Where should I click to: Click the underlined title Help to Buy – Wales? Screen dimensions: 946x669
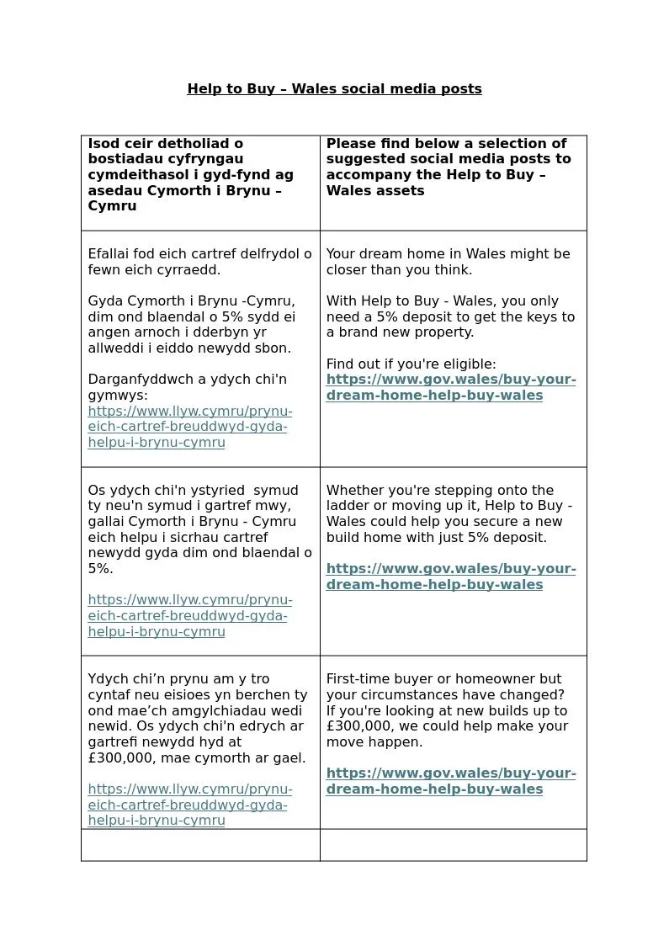334,88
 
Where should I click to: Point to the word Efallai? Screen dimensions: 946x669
111,254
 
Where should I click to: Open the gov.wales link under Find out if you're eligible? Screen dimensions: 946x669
450,387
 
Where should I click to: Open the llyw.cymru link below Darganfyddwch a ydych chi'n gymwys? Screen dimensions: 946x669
189,427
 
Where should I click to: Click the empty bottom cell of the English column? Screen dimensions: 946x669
453,845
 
